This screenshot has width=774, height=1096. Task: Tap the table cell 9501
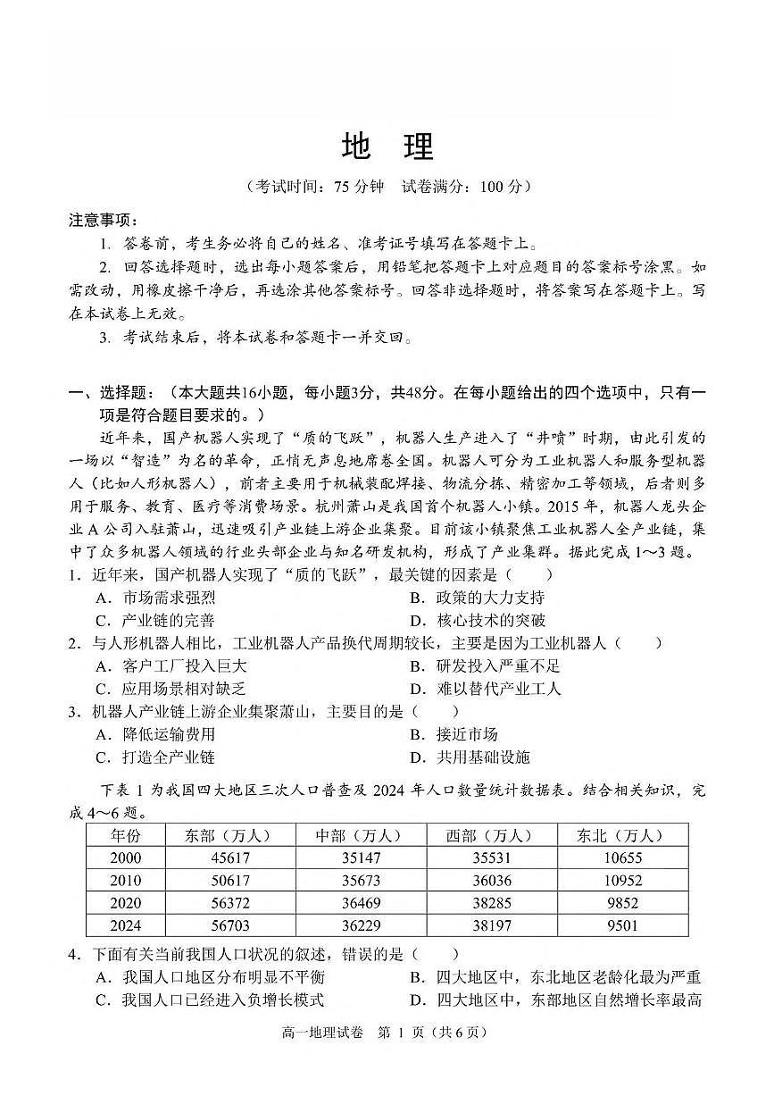coord(622,925)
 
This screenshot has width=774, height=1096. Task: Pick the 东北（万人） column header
coord(622,835)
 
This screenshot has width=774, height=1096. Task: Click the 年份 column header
coord(125,835)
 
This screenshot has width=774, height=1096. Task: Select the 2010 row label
coord(125,880)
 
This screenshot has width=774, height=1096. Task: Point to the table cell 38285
coord(491,903)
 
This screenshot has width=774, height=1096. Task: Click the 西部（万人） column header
coord(491,835)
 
